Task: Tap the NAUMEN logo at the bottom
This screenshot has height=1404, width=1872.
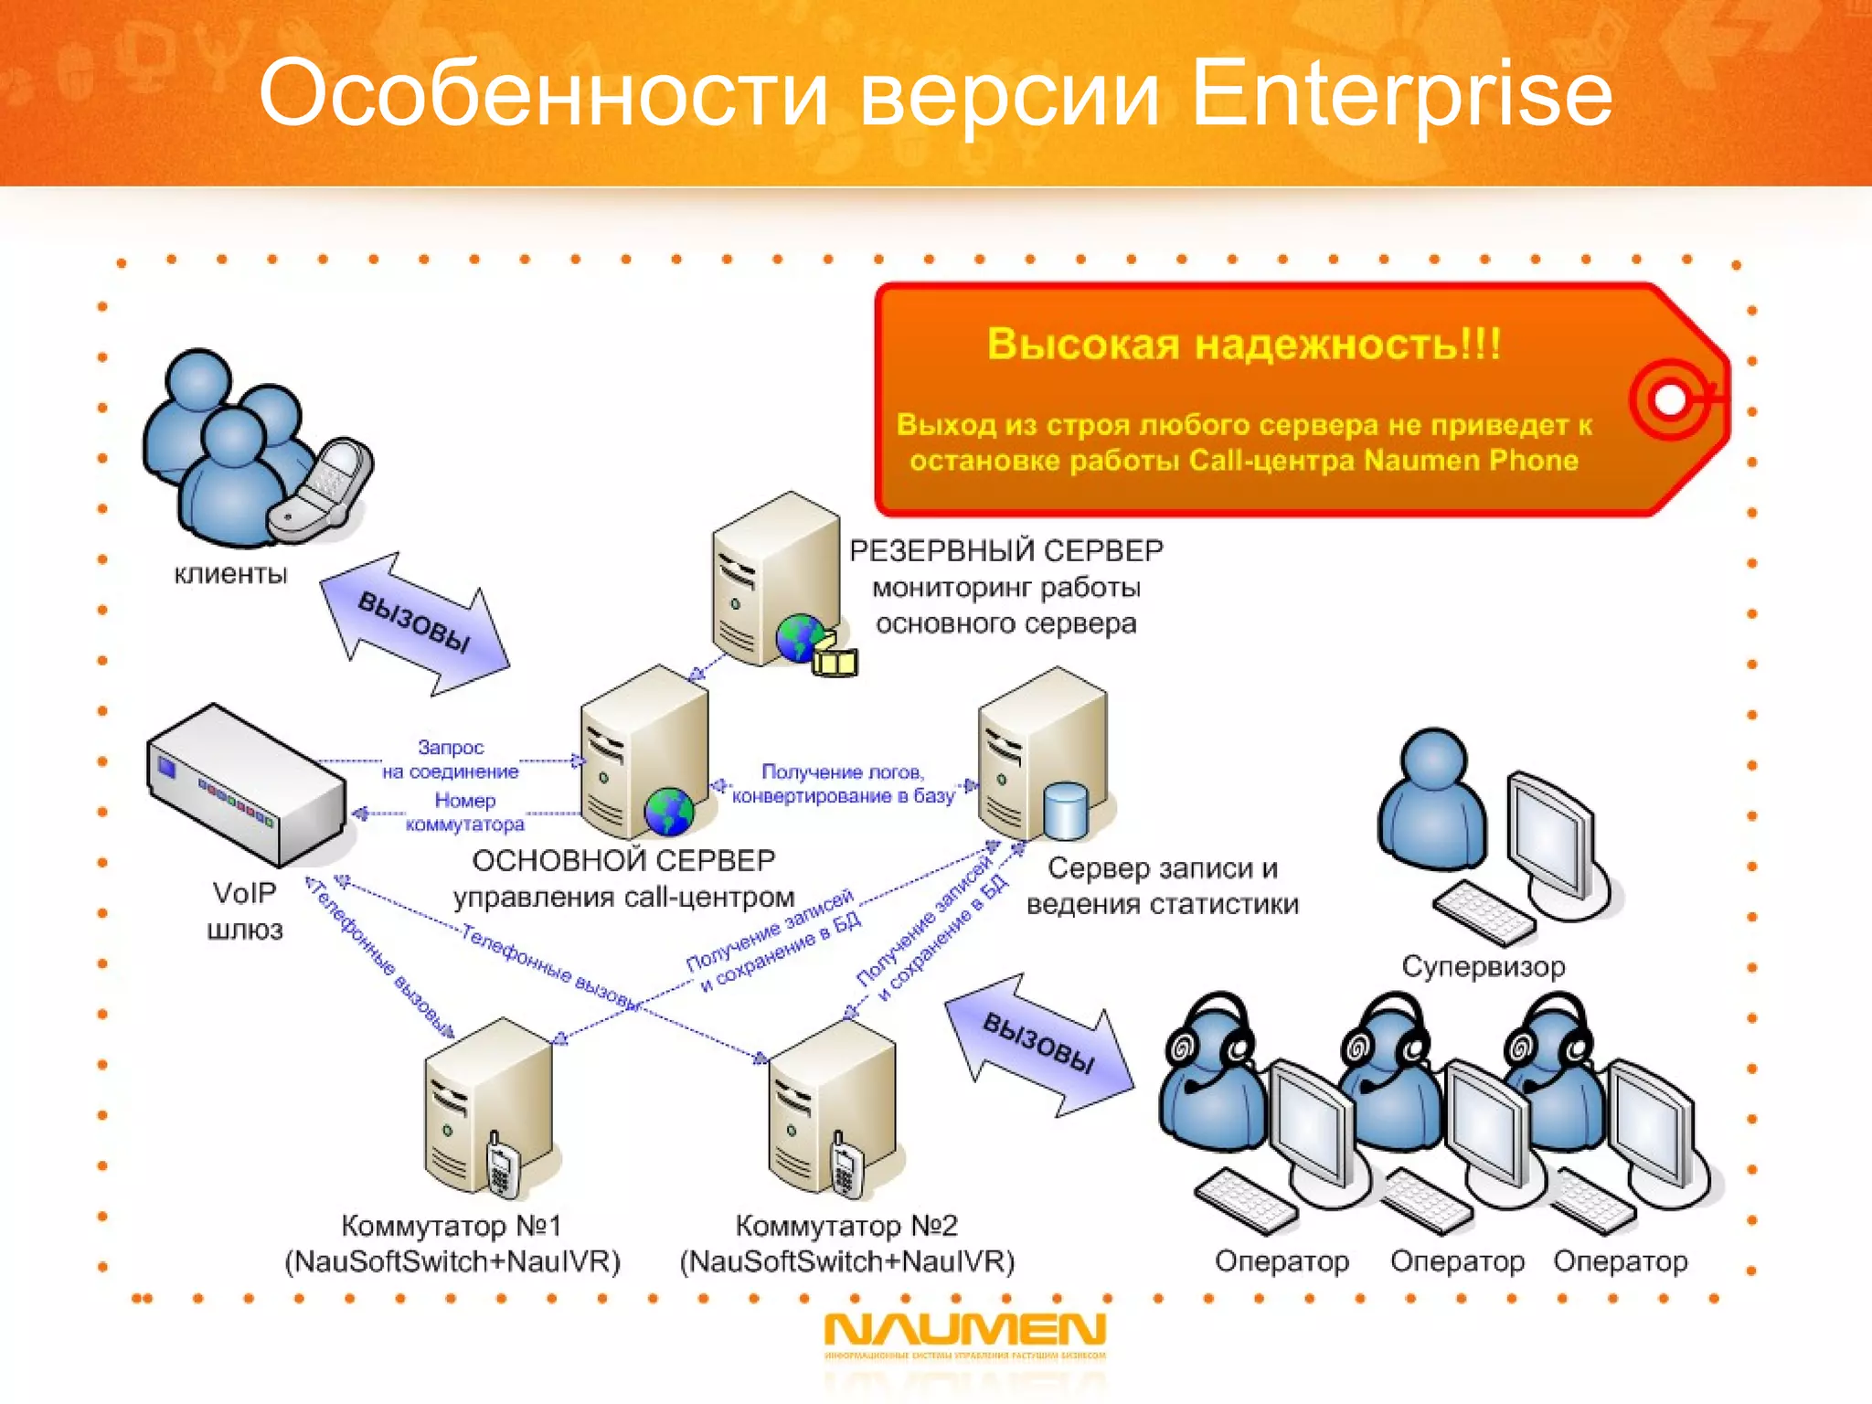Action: tap(964, 1330)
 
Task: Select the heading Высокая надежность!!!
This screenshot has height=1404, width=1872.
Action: tap(1243, 345)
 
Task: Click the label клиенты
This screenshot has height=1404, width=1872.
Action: tap(230, 574)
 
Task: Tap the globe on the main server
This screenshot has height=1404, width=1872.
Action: tap(669, 811)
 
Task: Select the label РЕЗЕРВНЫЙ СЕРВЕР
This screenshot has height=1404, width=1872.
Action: tap(1005, 550)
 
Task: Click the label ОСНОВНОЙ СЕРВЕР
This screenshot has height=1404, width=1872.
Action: tap(623, 860)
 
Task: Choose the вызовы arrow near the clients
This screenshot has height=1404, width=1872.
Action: tap(414, 623)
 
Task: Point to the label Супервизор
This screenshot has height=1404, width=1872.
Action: tap(1483, 966)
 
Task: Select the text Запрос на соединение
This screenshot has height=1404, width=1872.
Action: tap(450, 760)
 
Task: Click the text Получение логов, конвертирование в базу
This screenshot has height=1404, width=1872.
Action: tap(843, 784)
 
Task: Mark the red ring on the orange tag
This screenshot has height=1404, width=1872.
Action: tap(1669, 399)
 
